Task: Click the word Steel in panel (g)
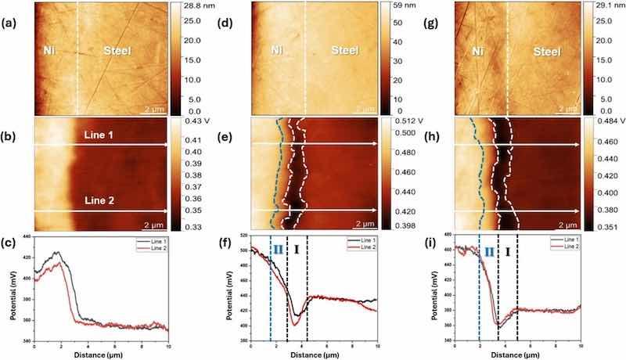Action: (x=550, y=52)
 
